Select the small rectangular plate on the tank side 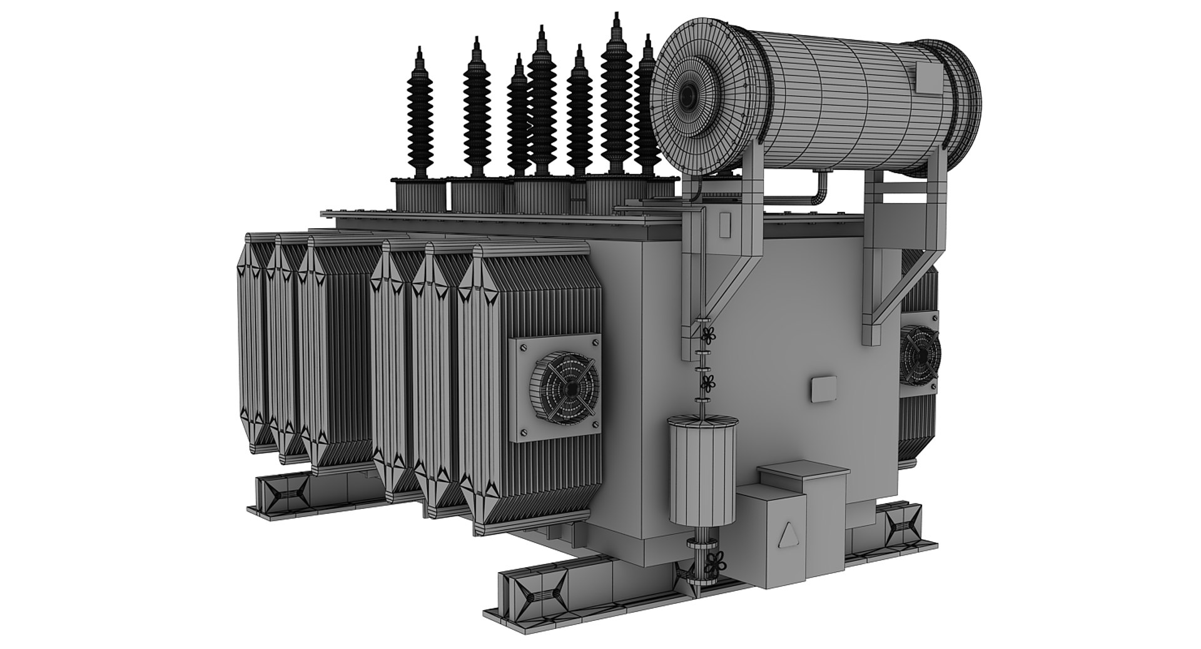tap(821, 388)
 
